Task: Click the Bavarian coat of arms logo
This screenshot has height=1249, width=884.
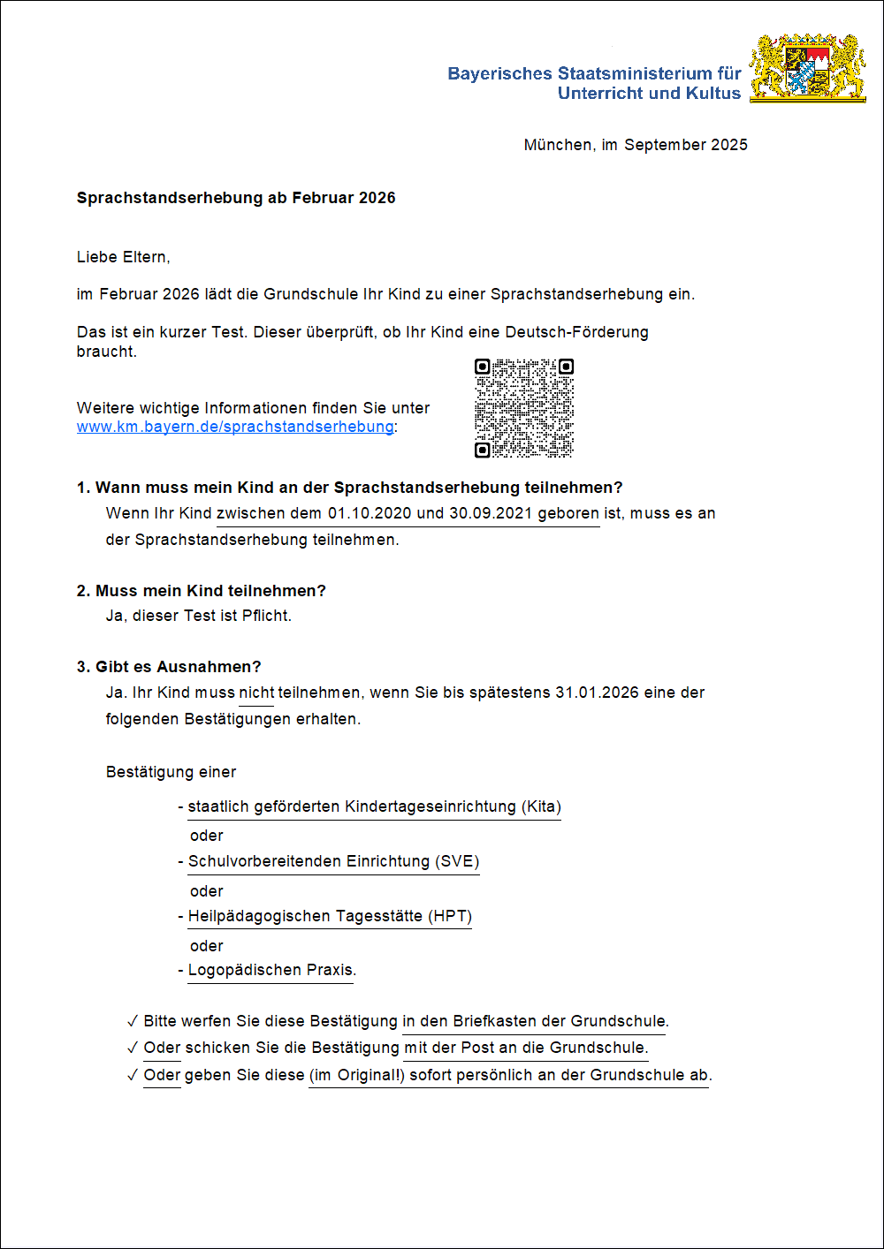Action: (x=807, y=69)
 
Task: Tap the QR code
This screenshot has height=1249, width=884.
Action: (x=524, y=408)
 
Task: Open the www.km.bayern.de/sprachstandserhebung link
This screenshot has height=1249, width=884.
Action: (x=235, y=427)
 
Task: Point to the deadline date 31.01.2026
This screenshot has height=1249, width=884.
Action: (x=597, y=693)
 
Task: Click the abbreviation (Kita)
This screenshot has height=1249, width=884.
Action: (x=541, y=806)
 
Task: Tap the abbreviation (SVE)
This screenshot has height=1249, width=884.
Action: (x=457, y=861)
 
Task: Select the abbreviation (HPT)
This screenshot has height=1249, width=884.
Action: (x=450, y=916)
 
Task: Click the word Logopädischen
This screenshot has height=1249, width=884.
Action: (x=245, y=970)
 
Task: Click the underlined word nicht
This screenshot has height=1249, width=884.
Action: (x=256, y=693)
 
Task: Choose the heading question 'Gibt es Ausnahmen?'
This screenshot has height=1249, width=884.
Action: (x=178, y=667)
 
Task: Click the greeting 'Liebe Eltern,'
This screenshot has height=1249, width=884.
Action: (x=123, y=257)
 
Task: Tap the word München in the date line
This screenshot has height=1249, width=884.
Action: (x=558, y=145)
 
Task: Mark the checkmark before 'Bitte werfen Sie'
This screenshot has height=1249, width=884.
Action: (x=133, y=1022)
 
